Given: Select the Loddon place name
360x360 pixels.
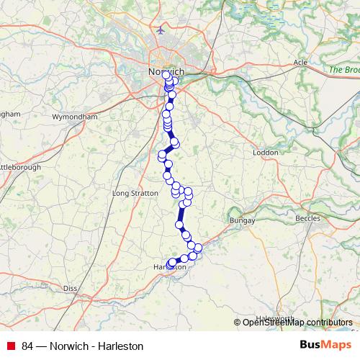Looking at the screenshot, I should pyautogui.click(x=266, y=153).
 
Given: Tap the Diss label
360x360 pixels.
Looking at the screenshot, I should pyautogui.click(x=70, y=288).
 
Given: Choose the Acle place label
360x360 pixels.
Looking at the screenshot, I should pyautogui.click(x=300, y=63).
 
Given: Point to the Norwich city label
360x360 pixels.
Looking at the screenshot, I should pyautogui.click(x=166, y=73).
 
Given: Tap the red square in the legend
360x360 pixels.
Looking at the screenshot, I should pyautogui.click(x=11, y=346).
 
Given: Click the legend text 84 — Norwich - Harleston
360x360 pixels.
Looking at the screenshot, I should pyautogui.click(x=83, y=346).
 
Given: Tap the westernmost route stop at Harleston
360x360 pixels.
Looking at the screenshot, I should pyautogui.click(x=171, y=263).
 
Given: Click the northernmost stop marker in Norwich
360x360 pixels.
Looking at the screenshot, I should pyautogui.click(x=166, y=75).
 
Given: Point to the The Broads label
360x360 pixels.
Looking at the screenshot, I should pyautogui.click(x=344, y=70).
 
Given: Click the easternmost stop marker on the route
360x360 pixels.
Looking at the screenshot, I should pyautogui.click(x=199, y=248).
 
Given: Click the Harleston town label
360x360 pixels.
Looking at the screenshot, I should pyautogui.click(x=170, y=267).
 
